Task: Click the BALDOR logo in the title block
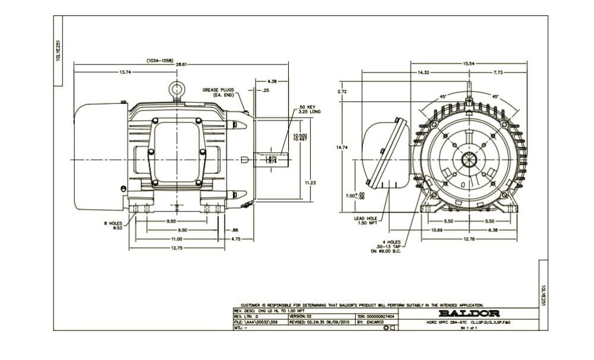[469, 313]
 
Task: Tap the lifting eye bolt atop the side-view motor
[176, 87]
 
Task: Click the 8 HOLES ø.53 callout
[115, 226]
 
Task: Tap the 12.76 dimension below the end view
[469, 239]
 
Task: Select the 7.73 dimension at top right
[498, 72]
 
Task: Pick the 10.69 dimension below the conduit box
[436, 230]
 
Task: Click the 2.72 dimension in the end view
[342, 92]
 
